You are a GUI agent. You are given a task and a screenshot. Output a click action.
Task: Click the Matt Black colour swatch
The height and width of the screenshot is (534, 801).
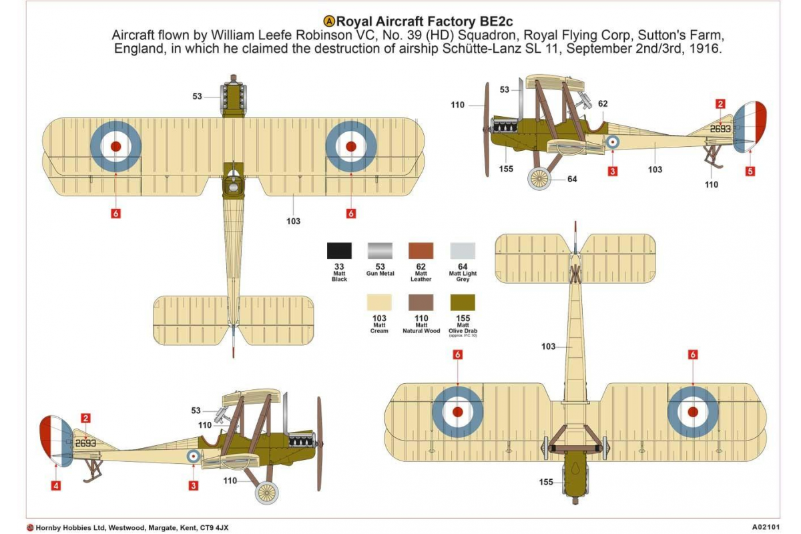[x=339, y=250]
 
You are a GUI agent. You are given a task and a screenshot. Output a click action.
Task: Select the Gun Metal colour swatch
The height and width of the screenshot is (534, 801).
[x=380, y=250]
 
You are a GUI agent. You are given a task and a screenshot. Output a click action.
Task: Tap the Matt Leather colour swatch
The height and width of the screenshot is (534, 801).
[x=421, y=250]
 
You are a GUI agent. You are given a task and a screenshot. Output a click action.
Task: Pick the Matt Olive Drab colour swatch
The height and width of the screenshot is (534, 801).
[x=463, y=302]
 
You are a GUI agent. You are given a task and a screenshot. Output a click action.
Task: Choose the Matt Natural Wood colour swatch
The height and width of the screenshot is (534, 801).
[x=421, y=302]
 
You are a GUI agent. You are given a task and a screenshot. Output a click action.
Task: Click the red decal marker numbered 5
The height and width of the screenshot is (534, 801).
[x=750, y=172]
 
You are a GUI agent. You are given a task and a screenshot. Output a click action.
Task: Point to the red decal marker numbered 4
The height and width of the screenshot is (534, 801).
[x=56, y=485]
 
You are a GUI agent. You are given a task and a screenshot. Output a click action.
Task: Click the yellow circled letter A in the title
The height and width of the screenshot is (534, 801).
[x=329, y=21]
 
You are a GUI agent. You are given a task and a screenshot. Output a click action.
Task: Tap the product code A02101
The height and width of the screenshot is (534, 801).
[x=766, y=527]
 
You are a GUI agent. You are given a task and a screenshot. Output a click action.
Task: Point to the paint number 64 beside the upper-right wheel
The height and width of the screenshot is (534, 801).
[x=572, y=179]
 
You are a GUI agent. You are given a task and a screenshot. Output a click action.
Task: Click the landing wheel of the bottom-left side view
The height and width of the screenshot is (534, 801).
[x=266, y=493]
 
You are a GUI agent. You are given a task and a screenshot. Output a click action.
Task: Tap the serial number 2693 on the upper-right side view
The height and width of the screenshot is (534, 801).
[x=720, y=129]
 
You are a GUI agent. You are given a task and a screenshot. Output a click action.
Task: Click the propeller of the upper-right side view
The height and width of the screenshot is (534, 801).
[x=487, y=129]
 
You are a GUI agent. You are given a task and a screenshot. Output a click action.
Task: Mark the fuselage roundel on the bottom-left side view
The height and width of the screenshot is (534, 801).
[x=194, y=456]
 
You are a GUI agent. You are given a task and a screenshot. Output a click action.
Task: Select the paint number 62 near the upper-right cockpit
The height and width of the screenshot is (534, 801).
[x=603, y=103]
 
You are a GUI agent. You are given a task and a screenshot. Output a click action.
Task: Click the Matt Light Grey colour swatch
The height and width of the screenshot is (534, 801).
[x=463, y=250]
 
